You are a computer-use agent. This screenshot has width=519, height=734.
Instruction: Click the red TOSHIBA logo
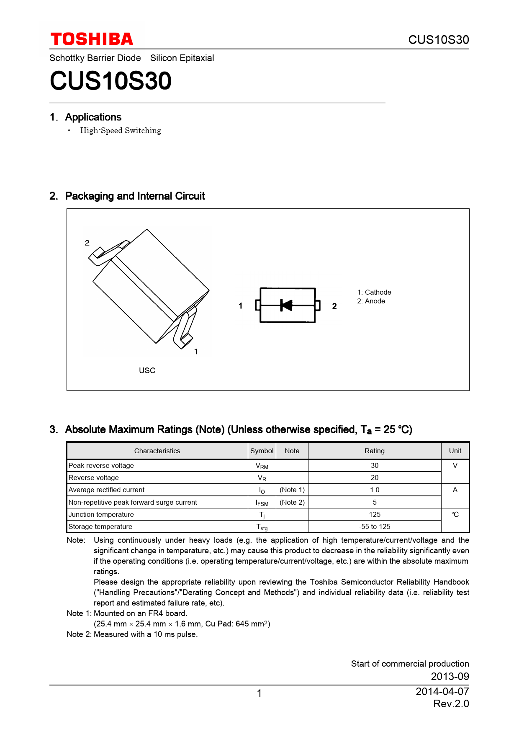click(92, 39)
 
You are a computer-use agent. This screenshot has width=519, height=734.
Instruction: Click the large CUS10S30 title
click(110, 81)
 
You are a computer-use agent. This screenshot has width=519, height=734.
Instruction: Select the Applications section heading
click(93, 117)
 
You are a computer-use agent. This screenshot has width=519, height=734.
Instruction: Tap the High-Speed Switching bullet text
click(121, 131)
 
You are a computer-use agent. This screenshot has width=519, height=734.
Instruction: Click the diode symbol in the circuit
click(287, 305)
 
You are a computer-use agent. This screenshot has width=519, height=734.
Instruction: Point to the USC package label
click(147, 370)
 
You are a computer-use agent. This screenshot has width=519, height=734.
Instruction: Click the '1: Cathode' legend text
click(374, 292)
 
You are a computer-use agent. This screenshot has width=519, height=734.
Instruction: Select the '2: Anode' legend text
click(371, 301)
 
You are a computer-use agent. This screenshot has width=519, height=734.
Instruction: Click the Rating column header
click(374, 451)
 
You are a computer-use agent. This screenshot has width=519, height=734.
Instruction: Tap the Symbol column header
click(262, 451)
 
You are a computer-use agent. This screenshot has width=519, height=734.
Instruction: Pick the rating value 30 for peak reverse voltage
click(374, 465)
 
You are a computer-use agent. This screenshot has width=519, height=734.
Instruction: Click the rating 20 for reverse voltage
click(374, 477)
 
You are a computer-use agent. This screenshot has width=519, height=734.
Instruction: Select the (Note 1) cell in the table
click(292, 490)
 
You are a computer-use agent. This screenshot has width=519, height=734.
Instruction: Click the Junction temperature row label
click(101, 514)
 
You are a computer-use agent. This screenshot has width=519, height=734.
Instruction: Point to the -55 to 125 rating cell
click(374, 526)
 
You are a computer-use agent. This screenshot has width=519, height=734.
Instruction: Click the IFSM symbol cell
click(262, 503)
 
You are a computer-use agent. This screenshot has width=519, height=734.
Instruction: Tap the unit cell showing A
click(455, 490)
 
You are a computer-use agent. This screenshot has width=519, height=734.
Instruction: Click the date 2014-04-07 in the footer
click(442, 691)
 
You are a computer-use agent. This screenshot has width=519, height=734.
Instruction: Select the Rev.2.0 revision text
click(451, 704)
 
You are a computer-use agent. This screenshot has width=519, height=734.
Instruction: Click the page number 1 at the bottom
click(259, 693)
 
